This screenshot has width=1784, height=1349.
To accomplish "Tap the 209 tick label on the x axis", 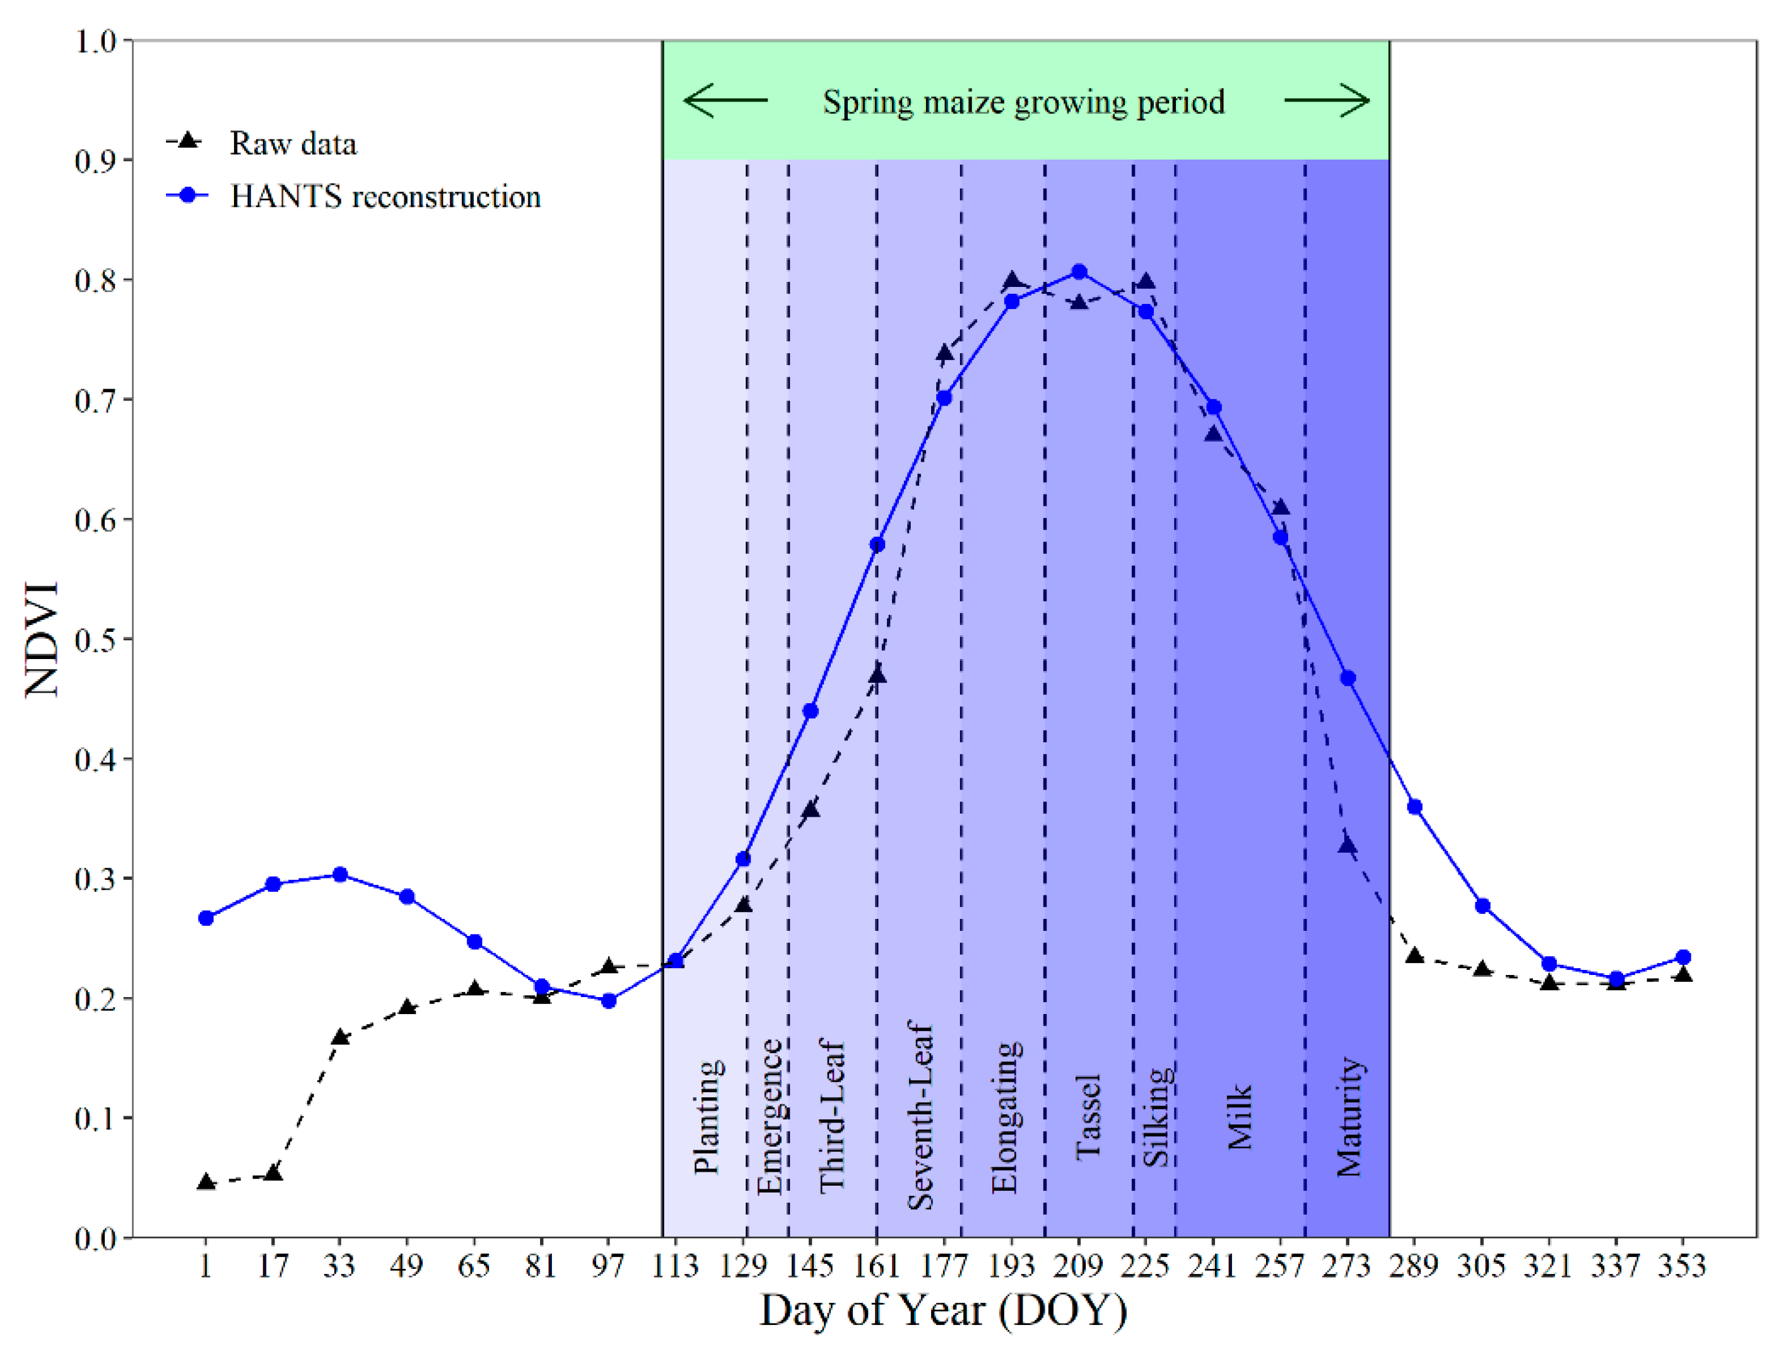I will click(x=1078, y=1266).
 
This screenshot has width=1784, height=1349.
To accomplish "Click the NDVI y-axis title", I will click(x=42, y=639).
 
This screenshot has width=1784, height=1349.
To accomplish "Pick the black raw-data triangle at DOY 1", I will click(x=206, y=1182).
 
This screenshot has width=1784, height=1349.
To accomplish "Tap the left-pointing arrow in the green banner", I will click(x=724, y=102).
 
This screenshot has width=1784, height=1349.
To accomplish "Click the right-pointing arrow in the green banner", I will click(x=1327, y=102).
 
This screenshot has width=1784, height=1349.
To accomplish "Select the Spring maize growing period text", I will click(x=1023, y=102).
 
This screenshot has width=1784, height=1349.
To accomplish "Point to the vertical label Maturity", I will click(x=1349, y=1117).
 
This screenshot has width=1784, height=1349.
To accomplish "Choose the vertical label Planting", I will click(x=707, y=1117).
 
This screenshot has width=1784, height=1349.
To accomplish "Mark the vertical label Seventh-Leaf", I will click(x=919, y=1117).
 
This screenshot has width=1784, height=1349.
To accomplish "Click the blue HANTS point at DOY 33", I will click(x=339, y=875).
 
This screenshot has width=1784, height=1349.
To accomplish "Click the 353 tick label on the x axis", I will click(x=1682, y=1266).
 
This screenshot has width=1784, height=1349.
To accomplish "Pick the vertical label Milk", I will click(x=1240, y=1117).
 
